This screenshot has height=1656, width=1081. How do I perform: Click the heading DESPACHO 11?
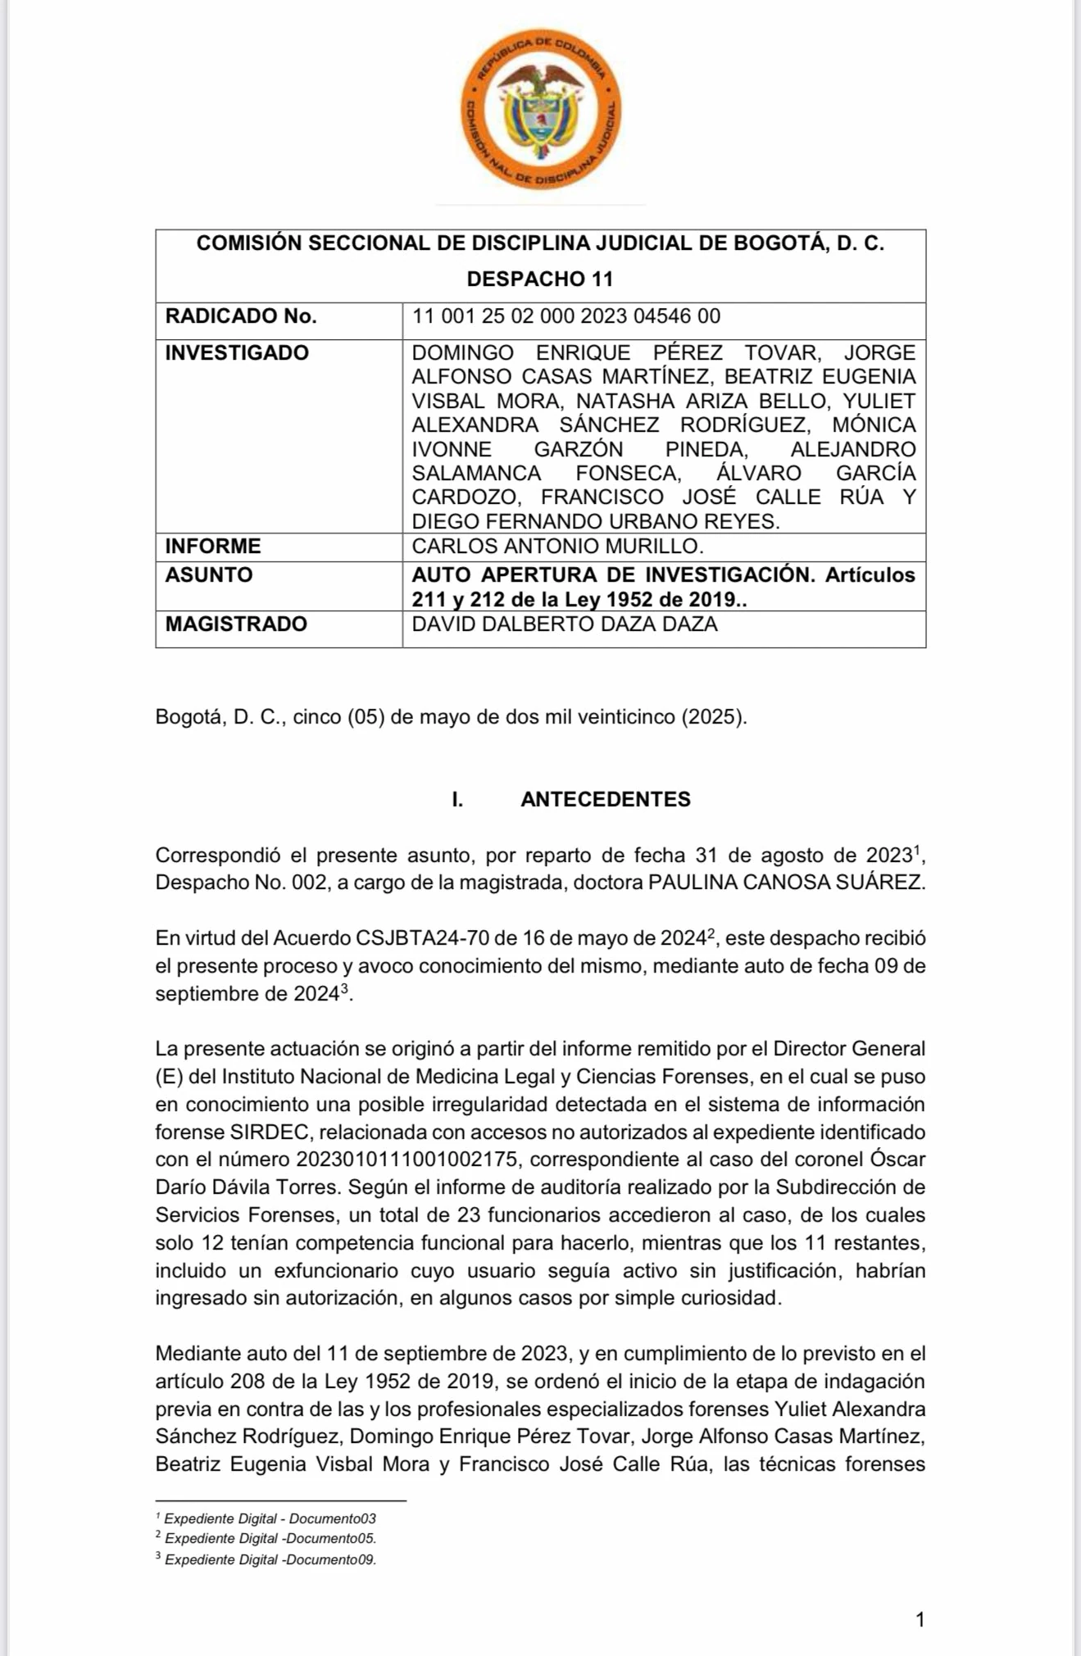[x=540, y=279]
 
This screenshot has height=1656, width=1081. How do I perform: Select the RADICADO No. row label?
[x=241, y=316]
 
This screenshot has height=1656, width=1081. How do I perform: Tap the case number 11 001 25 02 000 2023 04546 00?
[x=565, y=316]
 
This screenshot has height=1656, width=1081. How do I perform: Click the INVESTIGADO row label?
[x=237, y=353]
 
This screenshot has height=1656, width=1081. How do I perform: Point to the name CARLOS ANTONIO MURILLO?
[x=557, y=547]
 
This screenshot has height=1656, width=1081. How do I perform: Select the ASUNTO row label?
[x=209, y=575]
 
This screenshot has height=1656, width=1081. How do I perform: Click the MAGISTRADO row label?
[x=236, y=624]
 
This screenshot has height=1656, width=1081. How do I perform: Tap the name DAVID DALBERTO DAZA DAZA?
[x=564, y=624]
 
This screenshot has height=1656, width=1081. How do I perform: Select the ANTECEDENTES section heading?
[x=606, y=800]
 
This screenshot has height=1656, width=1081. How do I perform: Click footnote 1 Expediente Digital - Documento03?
[x=269, y=1519]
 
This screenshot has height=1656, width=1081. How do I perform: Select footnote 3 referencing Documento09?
[x=269, y=1560]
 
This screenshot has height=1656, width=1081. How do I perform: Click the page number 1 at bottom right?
[x=920, y=1620]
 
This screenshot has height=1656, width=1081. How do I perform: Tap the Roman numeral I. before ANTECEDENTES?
[x=457, y=800]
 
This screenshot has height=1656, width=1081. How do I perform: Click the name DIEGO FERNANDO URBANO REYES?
[x=595, y=522]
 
